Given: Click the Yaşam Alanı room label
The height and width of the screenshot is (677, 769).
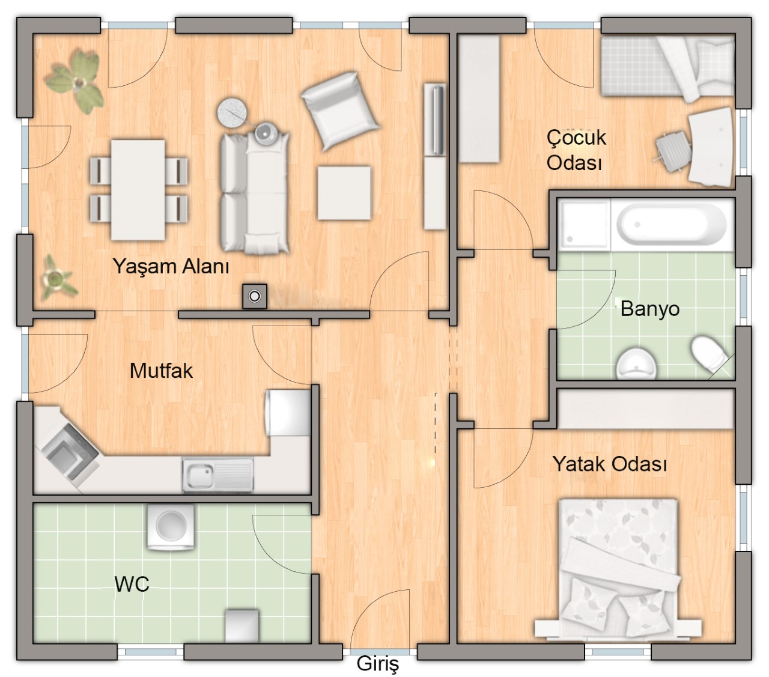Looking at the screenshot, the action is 171,267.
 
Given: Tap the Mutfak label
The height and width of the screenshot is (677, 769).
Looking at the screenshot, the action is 162,371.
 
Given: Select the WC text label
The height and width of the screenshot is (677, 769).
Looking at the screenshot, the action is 132,584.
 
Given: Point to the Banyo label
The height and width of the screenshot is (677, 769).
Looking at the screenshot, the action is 650,309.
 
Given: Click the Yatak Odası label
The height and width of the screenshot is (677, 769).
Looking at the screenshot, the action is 610,464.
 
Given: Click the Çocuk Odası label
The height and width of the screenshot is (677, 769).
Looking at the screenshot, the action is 576,150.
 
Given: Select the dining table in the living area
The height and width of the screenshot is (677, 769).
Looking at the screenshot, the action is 138,190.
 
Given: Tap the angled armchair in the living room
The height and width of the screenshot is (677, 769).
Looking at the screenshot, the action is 339,111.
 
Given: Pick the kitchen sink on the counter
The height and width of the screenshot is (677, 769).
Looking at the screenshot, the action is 217,475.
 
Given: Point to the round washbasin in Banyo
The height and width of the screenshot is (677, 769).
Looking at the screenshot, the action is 636,364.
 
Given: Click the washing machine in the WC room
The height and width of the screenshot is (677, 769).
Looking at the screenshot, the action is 171,526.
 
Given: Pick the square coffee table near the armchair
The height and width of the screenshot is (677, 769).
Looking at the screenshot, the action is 344,193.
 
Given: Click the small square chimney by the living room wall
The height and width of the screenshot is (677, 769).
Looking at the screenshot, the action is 255,296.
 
